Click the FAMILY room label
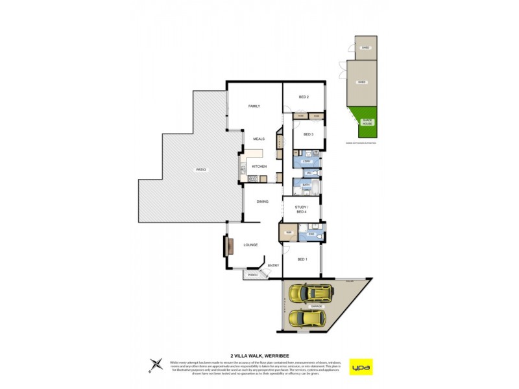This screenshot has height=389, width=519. click(x=254, y=106)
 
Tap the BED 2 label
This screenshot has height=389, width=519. click(x=303, y=97)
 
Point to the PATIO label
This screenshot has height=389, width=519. click(x=201, y=169)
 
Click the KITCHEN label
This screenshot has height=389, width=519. click(x=259, y=167)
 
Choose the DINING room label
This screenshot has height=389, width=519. click(x=262, y=202)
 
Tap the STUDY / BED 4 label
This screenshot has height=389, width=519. click(x=302, y=209)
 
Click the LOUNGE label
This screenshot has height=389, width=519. click(x=250, y=244)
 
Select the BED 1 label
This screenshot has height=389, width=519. click(x=302, y=259)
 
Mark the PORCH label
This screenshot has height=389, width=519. click(x=252, y=276)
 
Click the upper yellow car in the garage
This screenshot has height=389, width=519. click(x=311, y=294)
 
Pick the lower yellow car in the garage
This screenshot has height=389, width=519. click(x=307, y=318)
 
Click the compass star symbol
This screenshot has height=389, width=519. click(x=156, y=364)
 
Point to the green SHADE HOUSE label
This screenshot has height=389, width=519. click(x=367, y=121)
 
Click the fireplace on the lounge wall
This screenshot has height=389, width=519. click(x=228, y=246)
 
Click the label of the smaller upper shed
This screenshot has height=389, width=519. click(x=365, y=48)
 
